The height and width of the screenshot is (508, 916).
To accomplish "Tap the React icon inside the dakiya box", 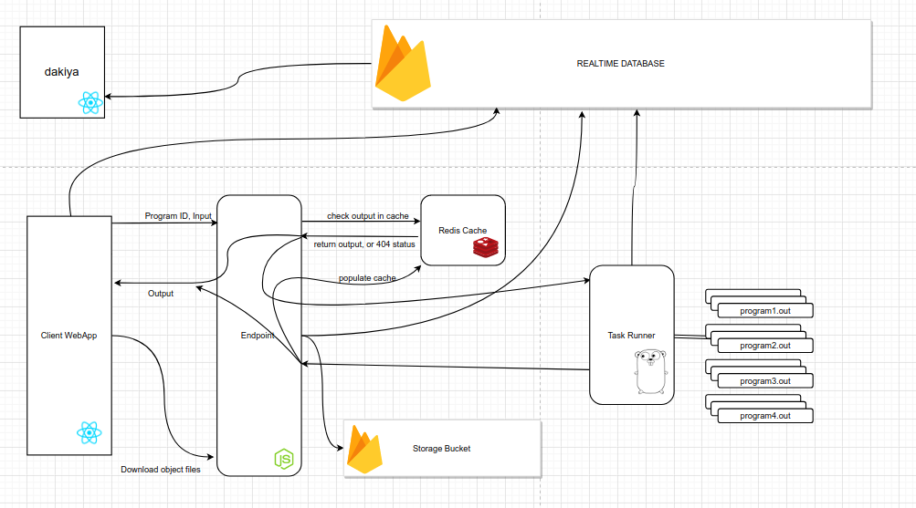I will (89, 102).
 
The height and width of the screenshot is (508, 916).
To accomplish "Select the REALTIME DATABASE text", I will (620, 64).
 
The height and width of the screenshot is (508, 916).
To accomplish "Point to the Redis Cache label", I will (462, 230).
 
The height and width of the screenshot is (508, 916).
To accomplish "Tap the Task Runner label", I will (631, 336).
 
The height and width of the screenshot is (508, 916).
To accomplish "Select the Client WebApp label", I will (68, 336).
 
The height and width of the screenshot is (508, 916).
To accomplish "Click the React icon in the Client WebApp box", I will (89, 432).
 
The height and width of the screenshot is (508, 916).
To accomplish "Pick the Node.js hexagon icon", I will (285, 459).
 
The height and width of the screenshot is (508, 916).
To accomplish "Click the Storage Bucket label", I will (441, 449).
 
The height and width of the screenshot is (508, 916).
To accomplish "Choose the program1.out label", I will (764, 311).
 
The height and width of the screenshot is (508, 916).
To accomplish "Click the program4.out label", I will (764, 416).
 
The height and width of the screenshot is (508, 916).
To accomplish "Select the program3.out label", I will (764, 381).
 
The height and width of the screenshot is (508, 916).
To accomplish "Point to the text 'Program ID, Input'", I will (178, 216).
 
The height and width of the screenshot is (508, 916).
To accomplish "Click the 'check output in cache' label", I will (367, 216).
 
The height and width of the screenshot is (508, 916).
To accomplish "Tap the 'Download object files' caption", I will (161, 470).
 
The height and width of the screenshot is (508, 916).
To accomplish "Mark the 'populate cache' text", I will (367, 277).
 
